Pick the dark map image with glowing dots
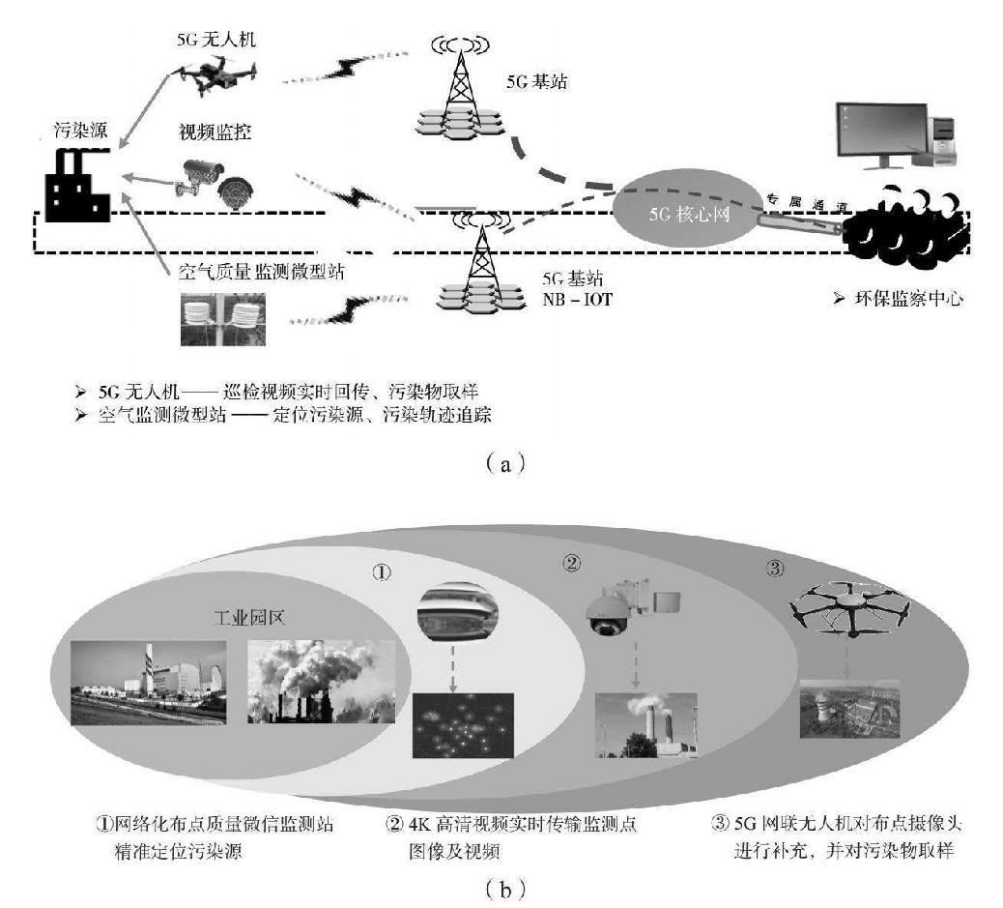click(459, 724)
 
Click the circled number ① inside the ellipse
click(383, 571)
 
